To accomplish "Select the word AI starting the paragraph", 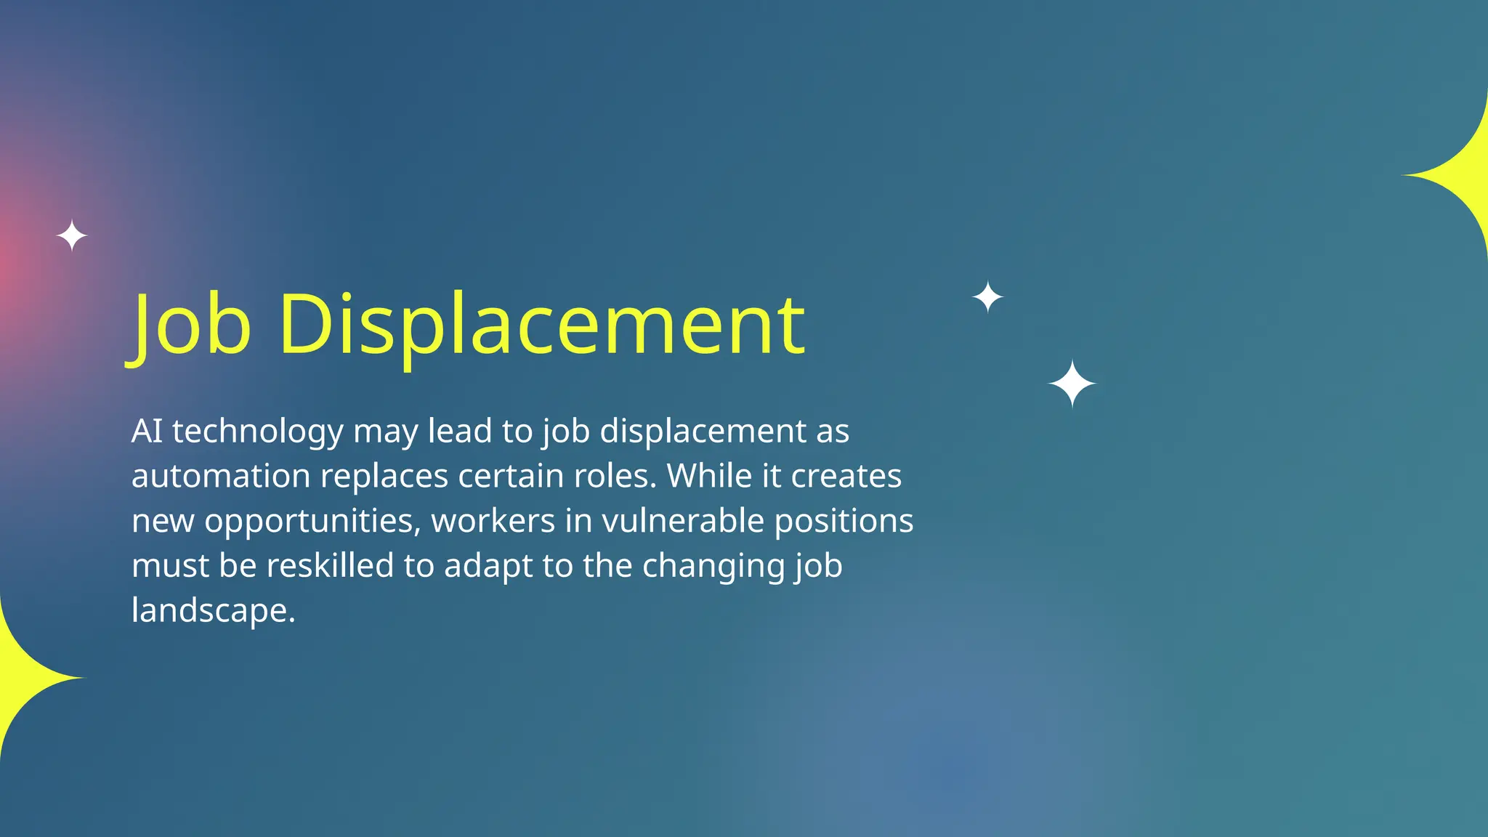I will (147, 431).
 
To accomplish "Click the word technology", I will (257, 432).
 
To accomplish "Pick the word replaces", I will (384, 477).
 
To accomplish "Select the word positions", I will (844, 522).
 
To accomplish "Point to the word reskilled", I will (330, 565).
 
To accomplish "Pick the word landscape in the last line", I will (213, 611).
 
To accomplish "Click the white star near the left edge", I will (72, 235).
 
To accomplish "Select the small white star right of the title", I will (987, 296).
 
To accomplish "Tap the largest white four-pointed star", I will (1072, 383).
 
